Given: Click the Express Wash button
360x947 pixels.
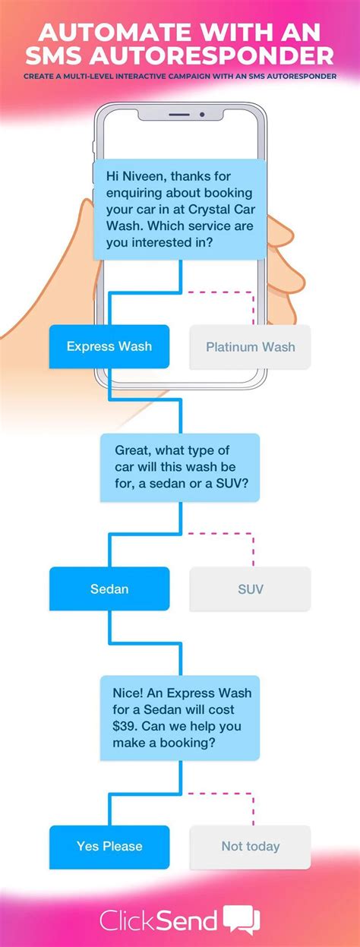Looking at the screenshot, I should (109, 346).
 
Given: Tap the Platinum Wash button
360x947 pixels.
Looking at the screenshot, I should (250, 347).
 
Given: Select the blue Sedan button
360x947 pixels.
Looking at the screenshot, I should (109, 589).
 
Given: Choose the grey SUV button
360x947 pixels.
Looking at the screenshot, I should (250, 589).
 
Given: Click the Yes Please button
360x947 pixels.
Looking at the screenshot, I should (109, 846).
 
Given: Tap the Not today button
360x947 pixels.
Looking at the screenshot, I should (250, 846).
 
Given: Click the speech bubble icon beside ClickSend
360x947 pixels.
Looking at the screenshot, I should (242, 920).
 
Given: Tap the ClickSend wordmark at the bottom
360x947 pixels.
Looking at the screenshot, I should (159, 920).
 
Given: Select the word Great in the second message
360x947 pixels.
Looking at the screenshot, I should (132, 450).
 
